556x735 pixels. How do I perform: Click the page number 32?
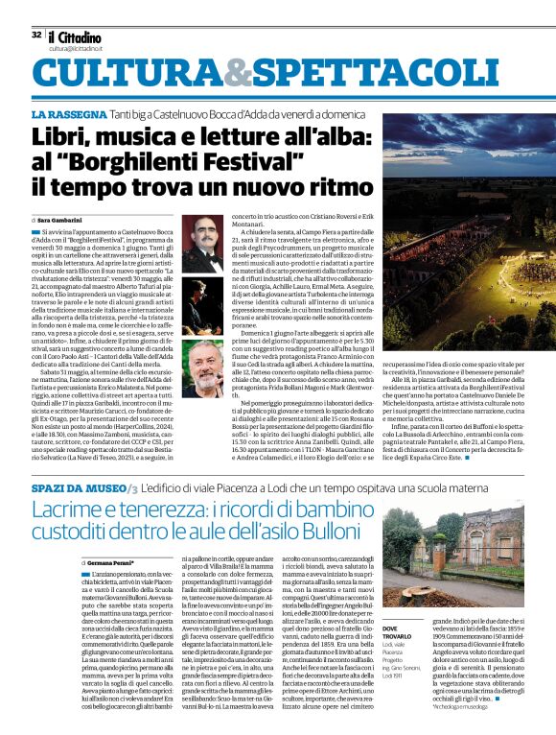[35, 35]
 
